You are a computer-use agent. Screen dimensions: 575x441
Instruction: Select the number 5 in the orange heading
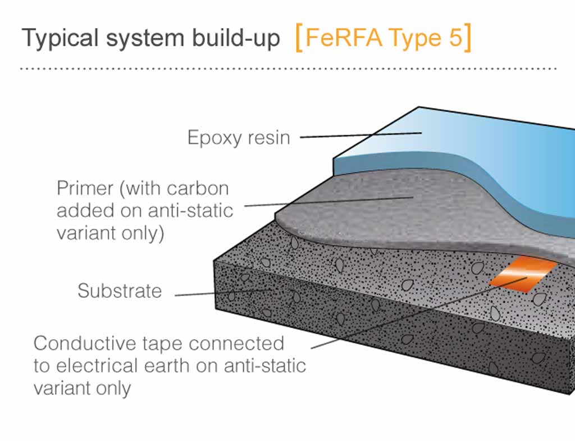pyautogui.click(x=456, y=37)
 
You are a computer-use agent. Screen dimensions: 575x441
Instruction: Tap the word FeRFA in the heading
pyautogui.click(x=343, y=38)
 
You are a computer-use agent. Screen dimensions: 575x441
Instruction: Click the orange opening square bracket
pyautogui.click(x=299, y=38)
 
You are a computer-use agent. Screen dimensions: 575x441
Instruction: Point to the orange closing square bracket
pyautogui.click(x=468, y=38)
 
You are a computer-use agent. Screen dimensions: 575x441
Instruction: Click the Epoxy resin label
pyautogui.click(x=239, y=138)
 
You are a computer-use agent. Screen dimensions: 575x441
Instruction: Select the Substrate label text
pyautogui.click(x=120, y=291)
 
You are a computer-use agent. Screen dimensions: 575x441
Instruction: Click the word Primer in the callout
pyautogui.click(x=85, y=189)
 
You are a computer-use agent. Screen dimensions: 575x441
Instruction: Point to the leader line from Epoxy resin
pyautogui.click(x=361, y=135)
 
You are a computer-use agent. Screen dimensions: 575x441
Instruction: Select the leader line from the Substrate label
pyautogui.click(x=223, y=293)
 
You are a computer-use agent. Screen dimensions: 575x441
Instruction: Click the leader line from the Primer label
pyautogui.click(x=329, y=202)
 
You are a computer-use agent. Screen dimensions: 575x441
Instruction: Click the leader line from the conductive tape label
pyautogui.click(x=419, y=312)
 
